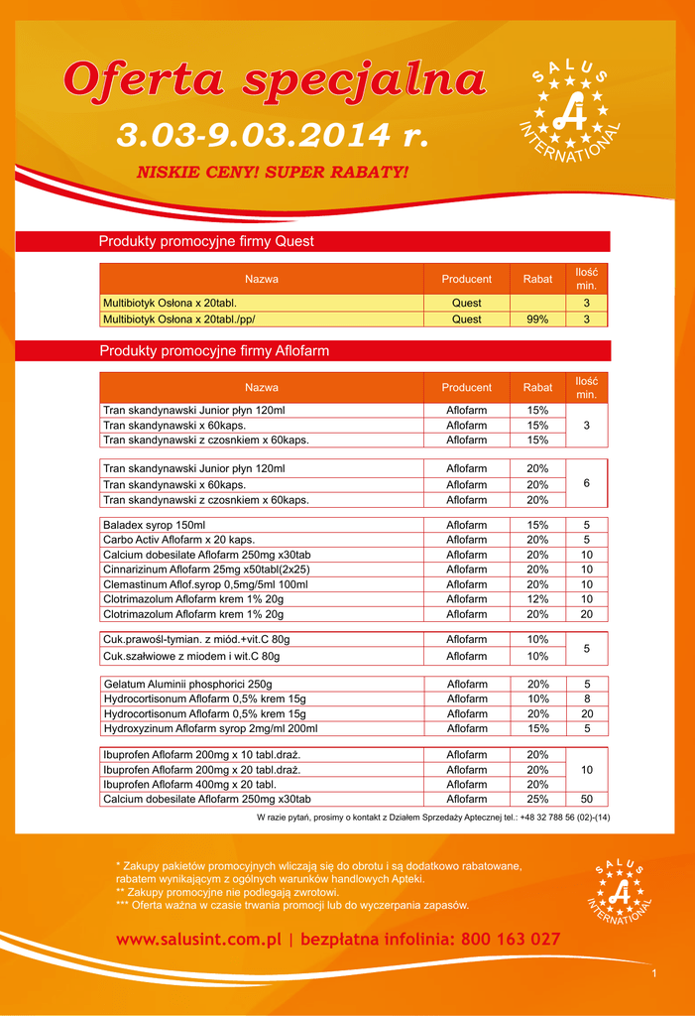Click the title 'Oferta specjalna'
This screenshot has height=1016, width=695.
tap(275, 80)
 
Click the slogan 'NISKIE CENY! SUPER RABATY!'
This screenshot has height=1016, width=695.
tap(272, 173)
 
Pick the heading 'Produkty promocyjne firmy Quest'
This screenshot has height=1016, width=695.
tap(206, 241)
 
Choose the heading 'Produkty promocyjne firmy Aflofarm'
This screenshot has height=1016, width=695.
tap(214, 351)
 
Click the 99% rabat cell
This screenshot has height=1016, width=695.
tap(537, 319)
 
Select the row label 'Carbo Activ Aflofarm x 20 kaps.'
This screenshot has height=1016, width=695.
tap(179, 540)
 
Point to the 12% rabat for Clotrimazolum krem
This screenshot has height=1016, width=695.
tap(537, 599)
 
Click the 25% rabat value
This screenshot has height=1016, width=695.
tap(537, 799)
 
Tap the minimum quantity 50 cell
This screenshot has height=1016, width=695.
tap(587, 799)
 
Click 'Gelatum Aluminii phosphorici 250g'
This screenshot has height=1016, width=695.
tap(187, 684)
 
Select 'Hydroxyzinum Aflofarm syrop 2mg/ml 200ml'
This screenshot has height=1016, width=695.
tap(210, 728)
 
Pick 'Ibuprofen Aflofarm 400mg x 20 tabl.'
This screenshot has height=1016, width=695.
tap(188, 784)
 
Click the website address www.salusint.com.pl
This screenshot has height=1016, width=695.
tap(199, 939)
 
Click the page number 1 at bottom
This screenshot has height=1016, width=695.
tap(654, 974)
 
